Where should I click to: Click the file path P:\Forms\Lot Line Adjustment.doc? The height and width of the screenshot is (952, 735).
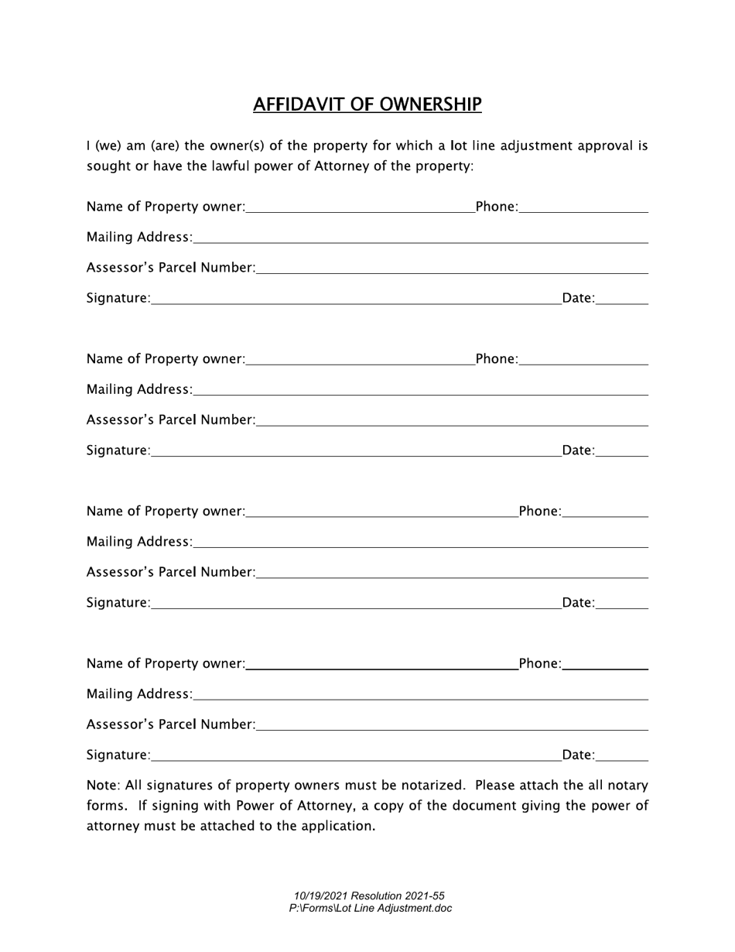click(371, 909)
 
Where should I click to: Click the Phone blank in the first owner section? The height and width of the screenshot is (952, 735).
click(584, 207)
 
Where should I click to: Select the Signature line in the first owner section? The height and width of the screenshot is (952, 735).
click(356, 298)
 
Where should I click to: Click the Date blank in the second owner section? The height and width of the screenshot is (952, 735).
click(623, 450)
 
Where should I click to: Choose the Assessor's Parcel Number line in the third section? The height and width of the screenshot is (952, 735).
click(452, 572)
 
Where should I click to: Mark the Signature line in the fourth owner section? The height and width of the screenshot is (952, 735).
click(356, 755)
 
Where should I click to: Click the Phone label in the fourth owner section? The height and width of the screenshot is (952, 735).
click(539, 663)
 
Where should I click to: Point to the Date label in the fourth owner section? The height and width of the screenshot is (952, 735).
click(578, 755)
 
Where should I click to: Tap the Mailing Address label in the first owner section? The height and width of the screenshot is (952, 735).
click(139, 237)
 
